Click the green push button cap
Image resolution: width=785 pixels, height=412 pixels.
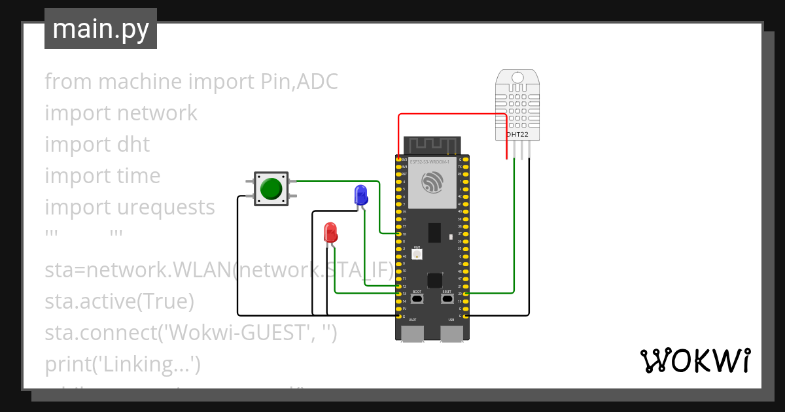tap(271, 189)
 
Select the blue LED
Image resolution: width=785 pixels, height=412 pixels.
tap(360, 194)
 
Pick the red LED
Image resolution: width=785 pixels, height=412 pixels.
tap(330, 232)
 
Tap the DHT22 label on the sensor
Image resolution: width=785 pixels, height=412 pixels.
tap(517, 135)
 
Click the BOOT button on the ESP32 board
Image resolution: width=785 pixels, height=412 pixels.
tap(417, 299)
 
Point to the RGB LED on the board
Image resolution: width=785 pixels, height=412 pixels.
tap(417, 254)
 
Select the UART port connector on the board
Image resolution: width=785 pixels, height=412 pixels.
tap(412, 334)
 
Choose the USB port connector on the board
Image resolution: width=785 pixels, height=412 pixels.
tap(451, 334)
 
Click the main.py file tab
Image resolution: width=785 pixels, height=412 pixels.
tap(101, 29)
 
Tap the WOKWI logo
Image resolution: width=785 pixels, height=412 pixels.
tap(695, 361)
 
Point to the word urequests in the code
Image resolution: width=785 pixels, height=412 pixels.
tap(166, 207)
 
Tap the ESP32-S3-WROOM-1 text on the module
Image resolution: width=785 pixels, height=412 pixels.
tap(429, 161)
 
